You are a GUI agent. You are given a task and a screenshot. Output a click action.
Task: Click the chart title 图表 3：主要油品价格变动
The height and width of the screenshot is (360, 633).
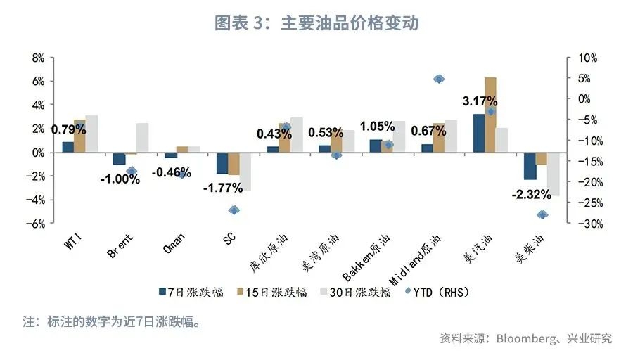pyautogui.click(x=316, y=22)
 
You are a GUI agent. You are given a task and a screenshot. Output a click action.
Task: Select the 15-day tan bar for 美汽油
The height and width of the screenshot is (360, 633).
pyautogui.click(x=490, y=115)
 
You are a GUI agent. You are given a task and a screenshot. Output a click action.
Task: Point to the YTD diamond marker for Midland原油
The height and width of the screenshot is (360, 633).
pyautogui.click(x=439, y=79)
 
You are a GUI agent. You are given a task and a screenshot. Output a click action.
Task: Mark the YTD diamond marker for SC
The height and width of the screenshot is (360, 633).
pyautogui.click(x=234, y=210)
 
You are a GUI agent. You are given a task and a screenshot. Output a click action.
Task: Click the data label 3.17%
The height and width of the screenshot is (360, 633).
pyautogui.click(x=480, y=101)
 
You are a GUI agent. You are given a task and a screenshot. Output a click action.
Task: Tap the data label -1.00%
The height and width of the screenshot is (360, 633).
pyautogui.click(x=120, y=179)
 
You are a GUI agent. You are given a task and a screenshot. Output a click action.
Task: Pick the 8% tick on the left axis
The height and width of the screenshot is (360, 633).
pyautogui.click(x=38, y=58)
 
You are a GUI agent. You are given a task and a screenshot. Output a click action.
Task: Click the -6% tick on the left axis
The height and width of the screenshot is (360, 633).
pyautogui.click(x=36, y=224)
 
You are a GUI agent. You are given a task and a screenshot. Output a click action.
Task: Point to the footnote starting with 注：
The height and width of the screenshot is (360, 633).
pyautogui.click(x=113, y=323)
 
